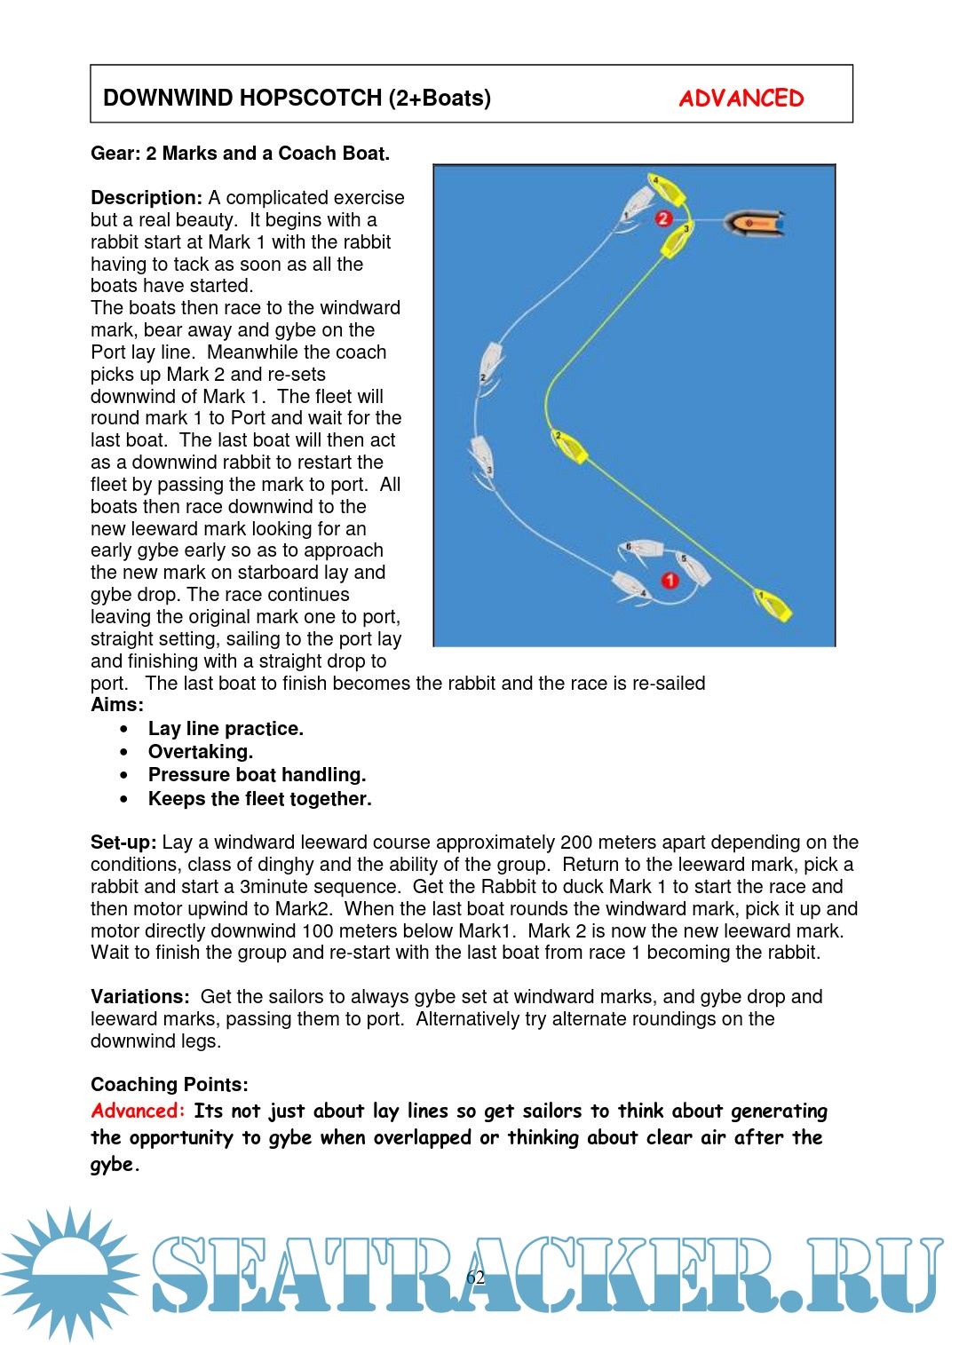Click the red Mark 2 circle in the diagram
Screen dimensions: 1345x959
pos(663,218)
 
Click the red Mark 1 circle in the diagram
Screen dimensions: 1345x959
pos(670,580)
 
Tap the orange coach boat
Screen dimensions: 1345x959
pos(755,223)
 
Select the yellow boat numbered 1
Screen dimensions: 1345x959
pos(773,605)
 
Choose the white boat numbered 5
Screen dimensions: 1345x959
pos(693,568)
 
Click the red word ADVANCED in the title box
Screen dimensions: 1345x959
pos(741,98)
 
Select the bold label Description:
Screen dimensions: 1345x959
pos(147,197)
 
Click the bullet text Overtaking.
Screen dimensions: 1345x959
pos(201,752)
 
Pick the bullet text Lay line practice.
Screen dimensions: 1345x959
pos(226,729)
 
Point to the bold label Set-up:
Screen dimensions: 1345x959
pos(123,842)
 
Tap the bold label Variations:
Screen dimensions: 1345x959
pos(139,996)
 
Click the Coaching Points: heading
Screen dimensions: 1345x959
pos(170,1084)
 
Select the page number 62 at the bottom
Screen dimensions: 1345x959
pos(476,1278)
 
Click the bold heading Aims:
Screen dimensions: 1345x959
pos(117,705)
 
